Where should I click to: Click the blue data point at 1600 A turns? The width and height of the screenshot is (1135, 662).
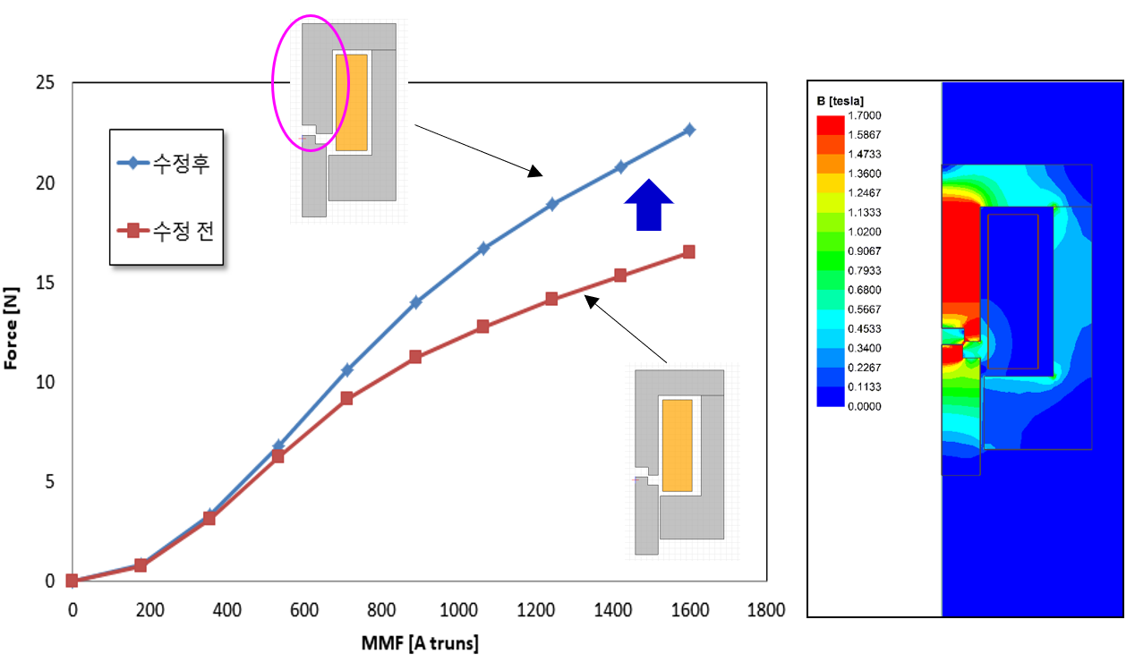click(689, 130)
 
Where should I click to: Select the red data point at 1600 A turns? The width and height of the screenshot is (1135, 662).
click(689, 252)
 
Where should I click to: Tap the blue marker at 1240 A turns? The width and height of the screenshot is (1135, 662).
click(552, 204)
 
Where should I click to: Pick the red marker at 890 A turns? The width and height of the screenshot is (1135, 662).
click(415, 357)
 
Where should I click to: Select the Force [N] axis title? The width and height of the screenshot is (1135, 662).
click(12, 331)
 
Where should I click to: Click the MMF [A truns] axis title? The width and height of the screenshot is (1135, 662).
click(419, 644)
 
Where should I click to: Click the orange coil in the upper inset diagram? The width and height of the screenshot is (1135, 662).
click(351, 102)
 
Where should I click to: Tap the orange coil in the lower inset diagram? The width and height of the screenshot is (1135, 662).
click(677, 445)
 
